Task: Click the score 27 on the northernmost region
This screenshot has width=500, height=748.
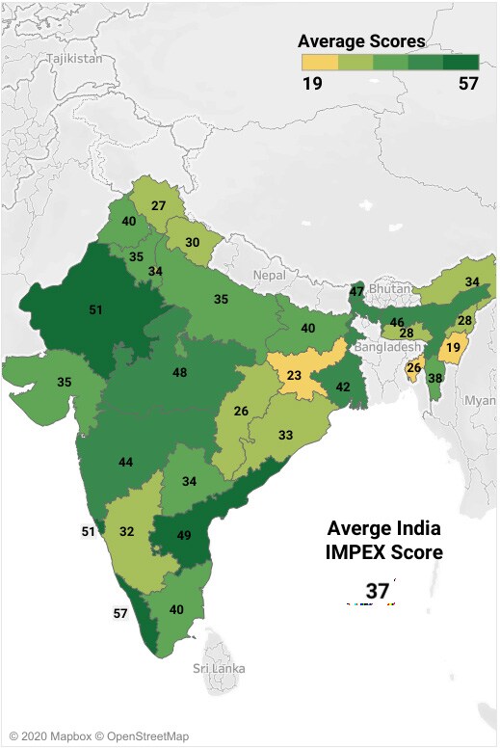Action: coord(159,205)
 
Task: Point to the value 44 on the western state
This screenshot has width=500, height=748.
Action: coord(125,463)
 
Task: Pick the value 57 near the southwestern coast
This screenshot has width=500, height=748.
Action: coord(120,613)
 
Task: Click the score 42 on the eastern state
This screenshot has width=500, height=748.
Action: coord(343,387)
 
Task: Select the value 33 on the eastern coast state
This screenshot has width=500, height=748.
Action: coord(286,435)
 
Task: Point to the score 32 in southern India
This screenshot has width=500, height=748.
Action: coord(126,531)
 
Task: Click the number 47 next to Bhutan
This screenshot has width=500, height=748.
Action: coord(356,291)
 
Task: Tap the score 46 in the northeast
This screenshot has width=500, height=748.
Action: coord(396,321)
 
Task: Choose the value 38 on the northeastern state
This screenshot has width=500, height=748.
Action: coord(434,379)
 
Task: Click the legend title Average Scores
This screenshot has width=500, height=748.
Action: coord(361,41)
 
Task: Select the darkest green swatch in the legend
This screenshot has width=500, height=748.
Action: coord(461,62)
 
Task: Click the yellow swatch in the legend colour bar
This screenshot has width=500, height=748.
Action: coord(320,62)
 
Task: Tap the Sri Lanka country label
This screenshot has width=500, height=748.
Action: coord(219,668)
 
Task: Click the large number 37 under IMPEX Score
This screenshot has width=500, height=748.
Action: coord(377,591)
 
